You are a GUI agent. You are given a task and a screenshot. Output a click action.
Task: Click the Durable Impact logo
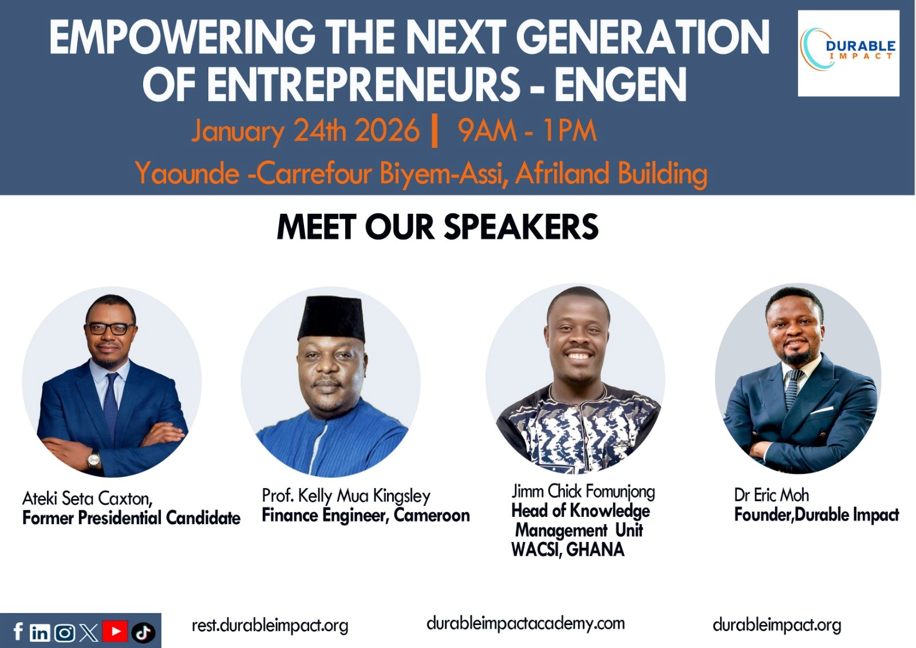tap(848, 53)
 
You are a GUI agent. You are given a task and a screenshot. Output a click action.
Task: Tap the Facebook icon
tap(18, 631)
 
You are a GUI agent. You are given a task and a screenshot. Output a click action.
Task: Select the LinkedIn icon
tap(40, 633)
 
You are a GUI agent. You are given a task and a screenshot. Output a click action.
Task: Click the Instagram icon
tap(64, 633)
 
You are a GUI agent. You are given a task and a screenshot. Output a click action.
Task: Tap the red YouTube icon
tap(115, 631)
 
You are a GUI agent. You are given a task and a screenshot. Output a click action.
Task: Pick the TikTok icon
tap(143, 633)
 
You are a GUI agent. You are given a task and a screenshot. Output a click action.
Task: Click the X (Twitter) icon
tap(89, 633)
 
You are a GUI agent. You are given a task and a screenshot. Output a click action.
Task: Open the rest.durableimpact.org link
tap(270, 625)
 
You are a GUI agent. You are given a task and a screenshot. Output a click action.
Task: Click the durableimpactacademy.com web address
tap(526, 623)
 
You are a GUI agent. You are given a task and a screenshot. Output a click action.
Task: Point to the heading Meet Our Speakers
tap(437, 227)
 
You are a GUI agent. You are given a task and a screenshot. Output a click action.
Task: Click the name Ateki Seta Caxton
tap(87, 498)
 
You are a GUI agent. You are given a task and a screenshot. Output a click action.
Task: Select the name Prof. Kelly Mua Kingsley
tap(346, 496)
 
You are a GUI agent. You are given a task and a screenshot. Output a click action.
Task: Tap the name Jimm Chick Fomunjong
tap(583, 492)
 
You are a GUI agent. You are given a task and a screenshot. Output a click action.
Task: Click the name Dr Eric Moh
tap(771, 495)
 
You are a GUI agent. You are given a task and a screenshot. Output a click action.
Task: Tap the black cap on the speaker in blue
tap(331, 318)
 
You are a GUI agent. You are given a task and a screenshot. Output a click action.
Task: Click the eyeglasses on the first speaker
tap(109, 329)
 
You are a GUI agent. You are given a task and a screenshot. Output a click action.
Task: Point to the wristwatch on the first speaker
tap(94, 459)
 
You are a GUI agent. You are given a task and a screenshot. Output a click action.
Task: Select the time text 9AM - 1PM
tap(527, 131)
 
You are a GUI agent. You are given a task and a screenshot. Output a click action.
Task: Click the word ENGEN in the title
tap(620, 85)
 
